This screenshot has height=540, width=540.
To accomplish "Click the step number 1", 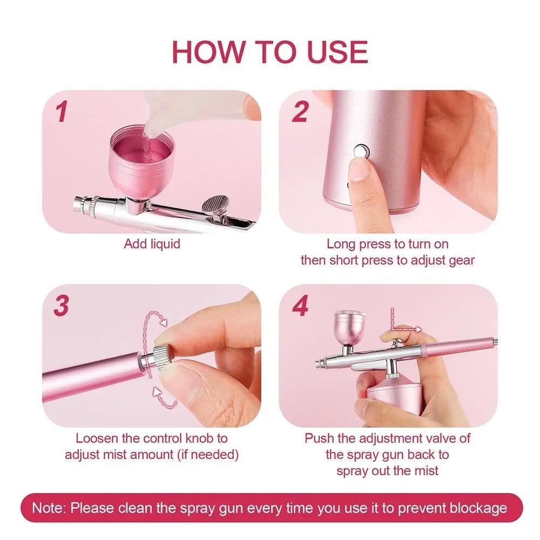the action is [62, 112].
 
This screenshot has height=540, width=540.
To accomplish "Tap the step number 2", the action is [300, 112].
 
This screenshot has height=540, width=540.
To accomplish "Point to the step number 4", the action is [300, 306].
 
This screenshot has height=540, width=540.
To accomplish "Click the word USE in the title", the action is [337, 52].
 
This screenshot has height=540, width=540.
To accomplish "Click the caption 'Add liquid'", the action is [152, 244].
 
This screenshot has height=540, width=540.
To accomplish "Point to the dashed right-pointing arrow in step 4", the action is [407, 329].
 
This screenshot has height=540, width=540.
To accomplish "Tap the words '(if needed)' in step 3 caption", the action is [208, 455].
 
